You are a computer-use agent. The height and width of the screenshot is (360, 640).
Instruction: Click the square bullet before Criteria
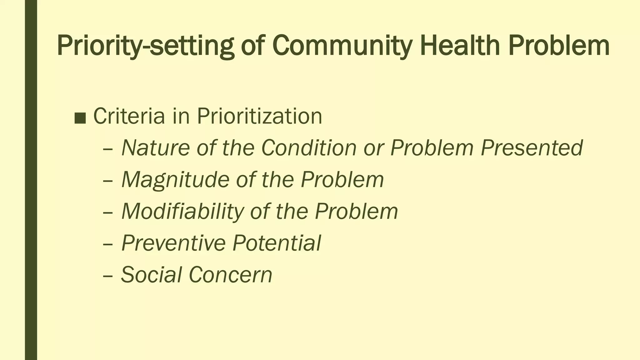pos(80,118)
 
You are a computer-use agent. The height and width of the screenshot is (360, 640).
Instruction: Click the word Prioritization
pos(259,116)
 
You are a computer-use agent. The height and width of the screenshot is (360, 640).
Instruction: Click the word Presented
pos(532,147)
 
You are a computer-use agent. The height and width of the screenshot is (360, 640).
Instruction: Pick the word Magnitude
pos(175,179)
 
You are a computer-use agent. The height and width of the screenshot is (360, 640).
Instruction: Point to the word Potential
pos(277,243)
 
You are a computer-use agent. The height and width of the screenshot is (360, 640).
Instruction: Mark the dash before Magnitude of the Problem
pos(108,181)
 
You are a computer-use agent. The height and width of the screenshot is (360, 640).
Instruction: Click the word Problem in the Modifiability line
pos(356,211)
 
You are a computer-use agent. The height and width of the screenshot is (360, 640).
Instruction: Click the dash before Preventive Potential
pos(108,244)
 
